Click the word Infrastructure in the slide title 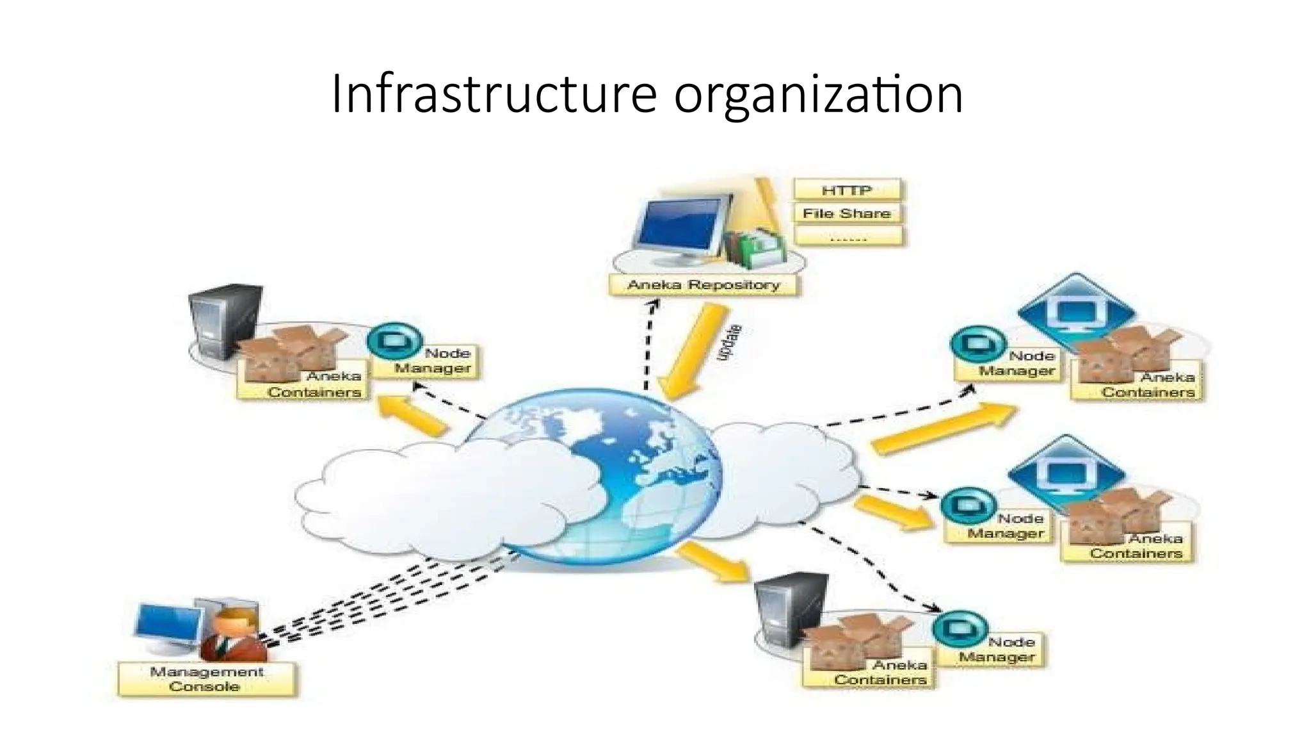pyautogui.click(x=494, y=95)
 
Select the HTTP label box pyautogui.click(x=846, y=190)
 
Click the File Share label pyautogui.click(x=846, y=213)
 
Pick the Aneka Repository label pyautogui.click(x=703, y=285)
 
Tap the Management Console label pyautogui.click(x=206, y=679)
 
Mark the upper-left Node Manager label pyautogui.click(x=434, y=361)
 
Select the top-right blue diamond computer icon pyautogui.click(x=1075, y=311)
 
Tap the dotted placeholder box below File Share pyautogui.click(x=848, y=237)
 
